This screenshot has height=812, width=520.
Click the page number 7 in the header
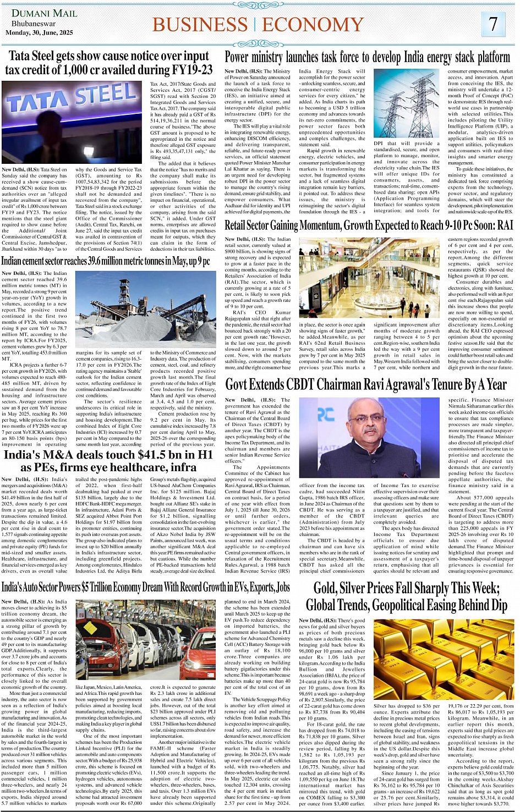click(493, 24)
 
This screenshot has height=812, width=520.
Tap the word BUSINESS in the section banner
click(200, 25)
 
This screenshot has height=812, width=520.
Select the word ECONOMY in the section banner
click(313, 25)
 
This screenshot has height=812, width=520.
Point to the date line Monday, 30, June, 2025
click(39, 33)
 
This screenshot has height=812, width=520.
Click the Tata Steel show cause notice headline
click(109, 63)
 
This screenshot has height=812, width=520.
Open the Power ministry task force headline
click(367, 57)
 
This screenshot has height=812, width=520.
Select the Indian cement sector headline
click(105, 261)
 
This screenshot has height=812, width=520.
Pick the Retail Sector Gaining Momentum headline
click(369, 225)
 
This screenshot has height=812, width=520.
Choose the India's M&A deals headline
click(108, 461)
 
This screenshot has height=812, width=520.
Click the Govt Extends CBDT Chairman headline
click(365, 384)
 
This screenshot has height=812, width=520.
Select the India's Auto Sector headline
click(146, 587)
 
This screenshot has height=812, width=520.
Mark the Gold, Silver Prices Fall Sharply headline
click(407, 596)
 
